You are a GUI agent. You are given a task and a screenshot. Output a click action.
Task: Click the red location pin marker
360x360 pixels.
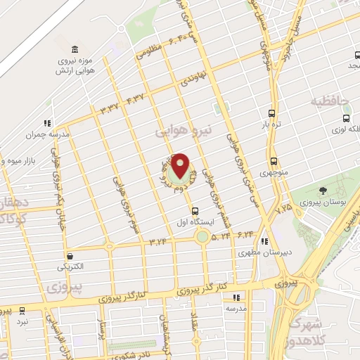[x=181, y=165]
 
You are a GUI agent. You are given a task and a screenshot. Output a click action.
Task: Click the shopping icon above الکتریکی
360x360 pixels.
[x=70, y=257]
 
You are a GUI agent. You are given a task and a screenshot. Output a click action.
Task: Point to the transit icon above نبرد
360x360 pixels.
[x=22, y=309]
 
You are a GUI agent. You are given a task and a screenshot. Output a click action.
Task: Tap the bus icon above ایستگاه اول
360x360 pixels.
[x=195, y=210]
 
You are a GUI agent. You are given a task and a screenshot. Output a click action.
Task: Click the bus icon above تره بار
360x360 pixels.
[x=272, y=113]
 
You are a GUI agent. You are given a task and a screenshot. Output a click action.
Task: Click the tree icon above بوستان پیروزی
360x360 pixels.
[x=323, y=191]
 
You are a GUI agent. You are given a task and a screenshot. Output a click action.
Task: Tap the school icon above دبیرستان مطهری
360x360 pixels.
[x=263, y=241]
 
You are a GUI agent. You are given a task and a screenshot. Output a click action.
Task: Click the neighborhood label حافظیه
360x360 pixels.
[x=333, y=102]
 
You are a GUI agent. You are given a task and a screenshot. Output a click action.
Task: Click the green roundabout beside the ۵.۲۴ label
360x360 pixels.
[x=202, y=237]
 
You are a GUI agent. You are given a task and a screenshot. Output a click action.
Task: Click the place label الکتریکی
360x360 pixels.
[x=70, y=268]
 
